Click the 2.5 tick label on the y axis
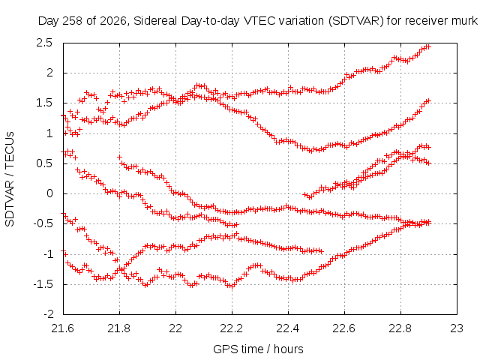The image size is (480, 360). pyautogui.click(x=44, y=43)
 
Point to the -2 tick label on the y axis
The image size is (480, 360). pyautogui.click(x=48, y=314)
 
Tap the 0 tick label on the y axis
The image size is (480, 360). pyautogui.click(x=50, y=193)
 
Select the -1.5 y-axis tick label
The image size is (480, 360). pyautogui.click(x=43, y=284)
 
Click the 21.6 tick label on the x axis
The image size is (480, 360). pyautogui.click(x=63, y=328)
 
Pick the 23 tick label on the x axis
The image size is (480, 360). pyautogui.click(x=457, y=328)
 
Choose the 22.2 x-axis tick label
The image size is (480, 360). pyautogui.click(x=232, y=328)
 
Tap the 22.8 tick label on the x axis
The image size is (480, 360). pyautogui.click(x=400, y=328)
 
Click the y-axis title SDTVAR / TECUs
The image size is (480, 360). pyautogui.click(x=10, y=179)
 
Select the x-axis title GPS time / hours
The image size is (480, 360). pyautogui.click(x=258, y=349)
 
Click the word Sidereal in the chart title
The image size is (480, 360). pyautogui.click(x=155, y=21)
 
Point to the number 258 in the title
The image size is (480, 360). pyautogui.click(x=73, y=21)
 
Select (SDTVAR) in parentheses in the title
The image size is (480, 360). pyautogui.click(x=355, y=21)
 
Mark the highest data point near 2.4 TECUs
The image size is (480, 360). pyautogui.click(x=428, y=46)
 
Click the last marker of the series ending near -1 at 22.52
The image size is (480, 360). pyautogui.click(x=321, y=251)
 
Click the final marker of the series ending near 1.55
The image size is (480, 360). pyautogui.click(x=428, y=100)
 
